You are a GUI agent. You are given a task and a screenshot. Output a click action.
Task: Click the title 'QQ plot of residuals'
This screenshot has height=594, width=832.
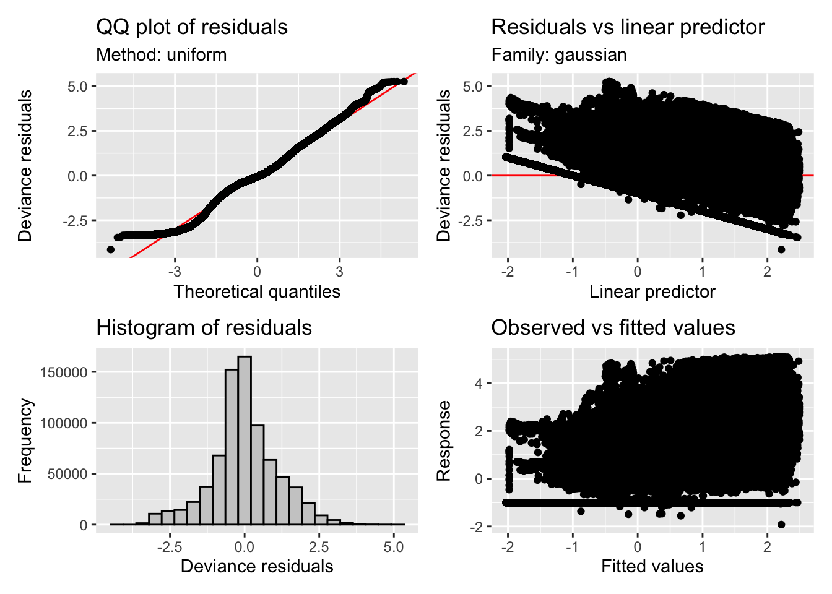tap(192, 27)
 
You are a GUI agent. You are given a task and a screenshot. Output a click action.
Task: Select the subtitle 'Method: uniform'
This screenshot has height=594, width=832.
tap(162, 54)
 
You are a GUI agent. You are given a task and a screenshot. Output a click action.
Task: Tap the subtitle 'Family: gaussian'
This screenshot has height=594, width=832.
tap(559, 54)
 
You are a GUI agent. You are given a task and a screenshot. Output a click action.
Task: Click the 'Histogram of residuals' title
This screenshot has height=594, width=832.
tap(204, 327)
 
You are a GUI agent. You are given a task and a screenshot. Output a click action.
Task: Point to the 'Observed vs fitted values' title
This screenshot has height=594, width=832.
tap(613, 327)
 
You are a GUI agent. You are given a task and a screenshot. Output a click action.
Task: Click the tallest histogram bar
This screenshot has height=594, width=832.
tap(245, 440)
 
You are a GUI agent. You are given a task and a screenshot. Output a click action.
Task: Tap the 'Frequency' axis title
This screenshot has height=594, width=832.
tap(25, 440)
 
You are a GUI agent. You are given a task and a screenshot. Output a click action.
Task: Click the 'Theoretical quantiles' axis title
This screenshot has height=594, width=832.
tap(257, 291)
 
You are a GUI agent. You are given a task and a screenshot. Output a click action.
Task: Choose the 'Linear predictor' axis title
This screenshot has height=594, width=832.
tap(652, 291)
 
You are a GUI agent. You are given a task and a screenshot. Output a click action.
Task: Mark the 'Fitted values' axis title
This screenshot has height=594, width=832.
tap(652, 566)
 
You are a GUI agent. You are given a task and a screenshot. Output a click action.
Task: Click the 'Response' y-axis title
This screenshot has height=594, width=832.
tap(443, 440)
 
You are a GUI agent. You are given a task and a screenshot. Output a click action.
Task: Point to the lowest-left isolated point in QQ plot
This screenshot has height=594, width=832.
tap(111, 249)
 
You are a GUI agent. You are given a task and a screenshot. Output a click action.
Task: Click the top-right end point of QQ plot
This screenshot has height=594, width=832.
tap(404, 81)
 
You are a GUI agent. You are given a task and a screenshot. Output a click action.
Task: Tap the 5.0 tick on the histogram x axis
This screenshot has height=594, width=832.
tap(394, 547)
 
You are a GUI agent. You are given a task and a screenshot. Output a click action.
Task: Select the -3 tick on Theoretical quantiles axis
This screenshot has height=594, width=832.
tap(175, 272)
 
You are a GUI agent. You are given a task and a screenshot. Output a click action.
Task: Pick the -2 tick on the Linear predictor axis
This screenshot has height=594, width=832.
tap(508, 272)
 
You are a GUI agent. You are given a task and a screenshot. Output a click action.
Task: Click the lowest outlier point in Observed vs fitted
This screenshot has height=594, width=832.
tap(781, 524)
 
